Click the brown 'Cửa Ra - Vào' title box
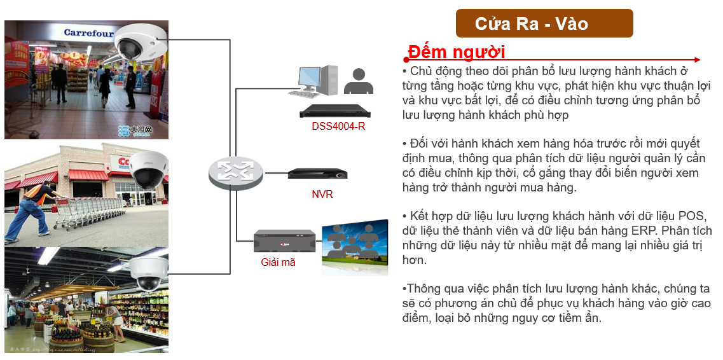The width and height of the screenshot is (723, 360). pyautogui.click(x=544, y=23)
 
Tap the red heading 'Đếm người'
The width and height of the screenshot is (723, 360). pyautogui.click(x=457, y=52)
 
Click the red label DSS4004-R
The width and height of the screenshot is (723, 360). pyautogui.click(x=338, y=127)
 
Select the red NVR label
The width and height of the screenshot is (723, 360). pyautogui.click(x=322, y=194)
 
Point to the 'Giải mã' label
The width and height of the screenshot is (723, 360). pyautogui.click(x=278, y=263)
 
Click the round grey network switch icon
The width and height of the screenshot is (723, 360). pyautogui.click(x=236, y=172)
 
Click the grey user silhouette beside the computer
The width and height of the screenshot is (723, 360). pyautogui.click(x=358, y=81)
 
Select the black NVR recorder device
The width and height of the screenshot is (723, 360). pyautogui.click(x=318, y=174)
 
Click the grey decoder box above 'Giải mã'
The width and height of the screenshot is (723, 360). pyautogui.click(x=284, y=240)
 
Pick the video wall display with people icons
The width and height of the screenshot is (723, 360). pyautogui.click(x=355, y=247)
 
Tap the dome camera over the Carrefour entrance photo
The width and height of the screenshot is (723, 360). pyautogui.click(x=140, y=42)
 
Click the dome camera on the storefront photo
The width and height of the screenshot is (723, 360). pyautogui.click(x=148, y=170)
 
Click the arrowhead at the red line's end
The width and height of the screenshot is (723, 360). pyautogui.click(x=697, y=59)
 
